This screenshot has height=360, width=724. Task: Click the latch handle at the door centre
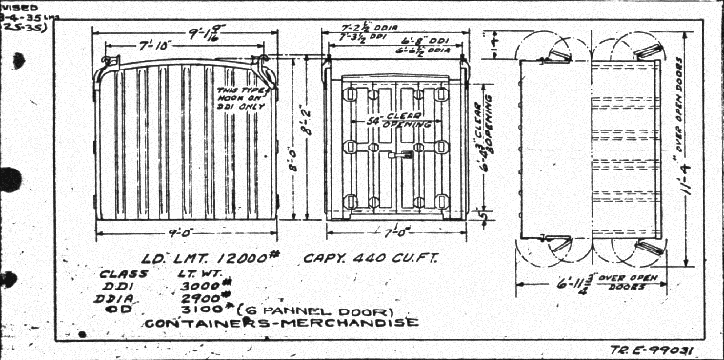click(406, 153)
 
